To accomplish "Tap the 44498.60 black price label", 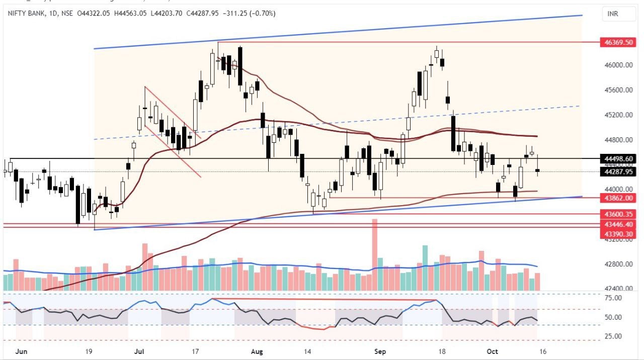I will point(617,159).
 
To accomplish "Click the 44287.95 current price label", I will point(617,172).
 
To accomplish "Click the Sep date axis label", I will point(380,351).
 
